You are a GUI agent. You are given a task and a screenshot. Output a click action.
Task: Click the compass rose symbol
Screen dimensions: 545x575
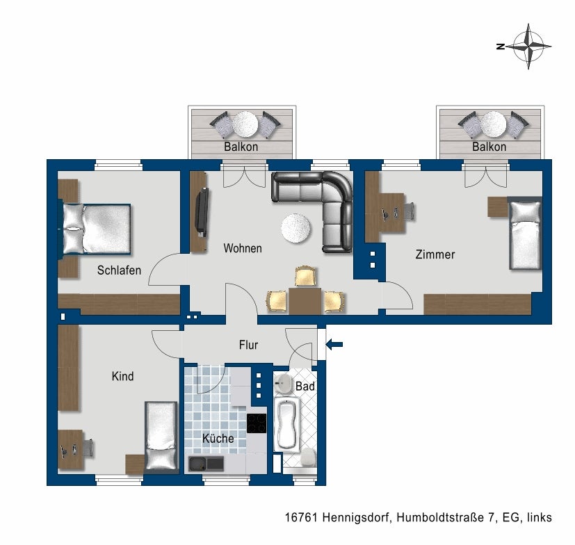[528, 47]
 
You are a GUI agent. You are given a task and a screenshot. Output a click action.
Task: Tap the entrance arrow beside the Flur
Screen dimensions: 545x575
[334, 343]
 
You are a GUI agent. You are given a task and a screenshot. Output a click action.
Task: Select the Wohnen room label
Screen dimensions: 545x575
[242, 248]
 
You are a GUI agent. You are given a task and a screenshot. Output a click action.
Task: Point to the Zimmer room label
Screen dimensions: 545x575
[435, 254]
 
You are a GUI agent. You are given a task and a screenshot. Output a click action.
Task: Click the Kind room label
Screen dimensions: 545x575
[123, 376]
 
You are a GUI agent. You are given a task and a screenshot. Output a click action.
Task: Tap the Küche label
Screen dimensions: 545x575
[218, 438]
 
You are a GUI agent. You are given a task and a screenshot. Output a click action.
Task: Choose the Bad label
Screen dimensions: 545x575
[305, 385]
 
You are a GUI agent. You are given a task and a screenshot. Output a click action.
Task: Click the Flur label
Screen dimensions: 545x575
[248, 344]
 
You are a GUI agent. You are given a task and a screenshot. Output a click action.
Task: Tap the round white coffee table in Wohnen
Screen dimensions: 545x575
[296, 228]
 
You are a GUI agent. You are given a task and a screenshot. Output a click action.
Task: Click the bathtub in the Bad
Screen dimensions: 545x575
[286, 423]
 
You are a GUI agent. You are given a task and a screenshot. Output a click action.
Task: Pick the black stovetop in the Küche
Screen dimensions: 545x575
[257, 423]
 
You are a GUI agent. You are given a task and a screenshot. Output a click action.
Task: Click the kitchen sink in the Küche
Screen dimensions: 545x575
[206, 463]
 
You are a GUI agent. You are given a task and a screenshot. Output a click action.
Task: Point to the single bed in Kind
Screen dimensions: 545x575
[161, 436]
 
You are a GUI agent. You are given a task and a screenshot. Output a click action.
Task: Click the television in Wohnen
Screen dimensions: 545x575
[202, 212]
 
